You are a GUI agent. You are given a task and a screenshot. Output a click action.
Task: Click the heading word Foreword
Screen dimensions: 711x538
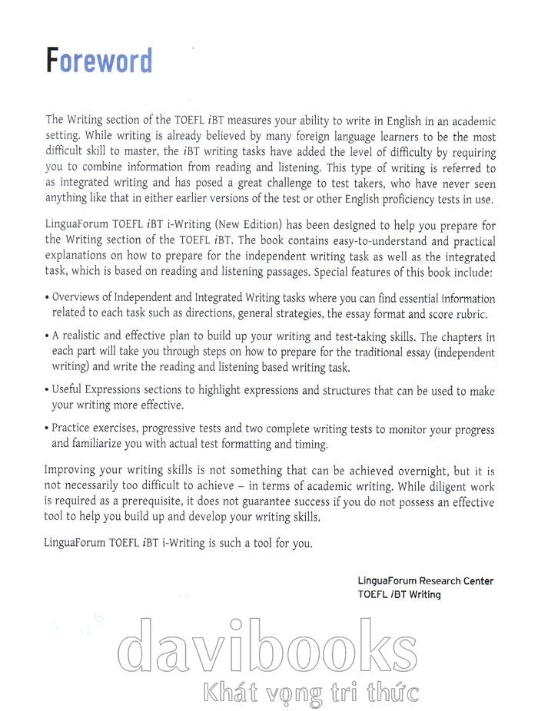click(99, 61)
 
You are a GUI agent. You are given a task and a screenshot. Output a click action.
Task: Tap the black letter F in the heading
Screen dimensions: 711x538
click(52, 61)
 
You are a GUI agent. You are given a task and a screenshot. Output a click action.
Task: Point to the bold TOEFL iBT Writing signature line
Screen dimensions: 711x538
click(400, 594)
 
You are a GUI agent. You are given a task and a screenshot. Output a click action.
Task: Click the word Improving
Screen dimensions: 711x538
click(72, 468)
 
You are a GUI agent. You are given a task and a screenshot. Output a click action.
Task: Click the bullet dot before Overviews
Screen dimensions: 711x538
click(48, 299)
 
